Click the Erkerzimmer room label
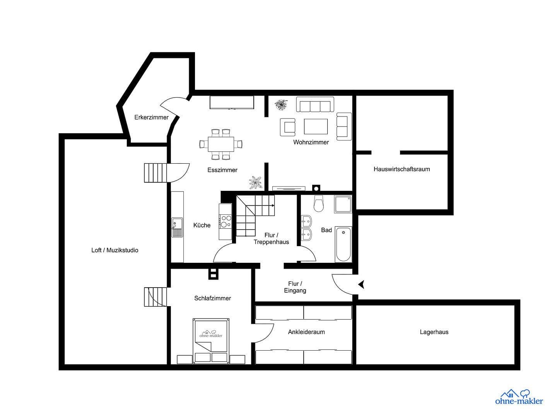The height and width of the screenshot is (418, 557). pyautogui.click(x=151, y=117)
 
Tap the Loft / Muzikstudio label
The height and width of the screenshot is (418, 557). pyautogui.click(x=114, y=250)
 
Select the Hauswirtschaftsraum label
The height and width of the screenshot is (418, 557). pyautogui.click(x=402, y=169)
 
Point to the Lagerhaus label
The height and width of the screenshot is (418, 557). pyautogui.click(x=434, y=332)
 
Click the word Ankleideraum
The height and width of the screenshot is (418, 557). pyautogui.click(x=306, y=332)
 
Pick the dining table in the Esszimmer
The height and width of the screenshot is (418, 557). pyautogui.click(x=221, y=144)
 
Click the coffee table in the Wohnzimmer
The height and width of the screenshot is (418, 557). pyautogui.click(x=316, y=127)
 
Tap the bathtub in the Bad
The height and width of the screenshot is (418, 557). pyautogui.click(x=343, y=245)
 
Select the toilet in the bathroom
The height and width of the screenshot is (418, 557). pyautogui.click(x=319, y=204)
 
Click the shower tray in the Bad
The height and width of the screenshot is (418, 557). pyautogui.click(x=343, y=204)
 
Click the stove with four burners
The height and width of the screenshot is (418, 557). pyautogui.click(x=226, y=221)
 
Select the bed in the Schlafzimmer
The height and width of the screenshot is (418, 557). pyautogui.click(x=211, y=341)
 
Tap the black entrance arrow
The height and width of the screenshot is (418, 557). pyautogui.click(x=361, y=285)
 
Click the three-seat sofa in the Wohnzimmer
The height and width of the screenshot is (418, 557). pyautogui.click(x=315, y=104)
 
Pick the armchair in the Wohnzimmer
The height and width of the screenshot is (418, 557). pyautogui.click(x=287, y=127)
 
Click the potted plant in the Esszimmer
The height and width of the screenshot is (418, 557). pyautogui.click(x=255, y=182)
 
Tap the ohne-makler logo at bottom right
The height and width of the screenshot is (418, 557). pyautogui.click(x=519, y=397)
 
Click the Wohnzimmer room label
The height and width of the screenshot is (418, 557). pyautogui.click(x=311, y=142)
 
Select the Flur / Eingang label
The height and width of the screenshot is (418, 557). pyautogui.click(x=295, y=287)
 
